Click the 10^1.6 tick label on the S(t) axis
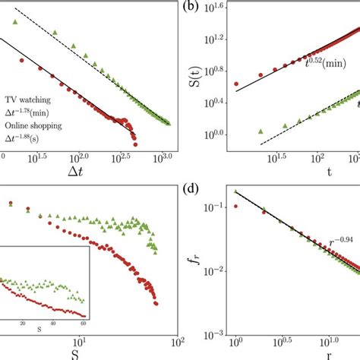point(220,8)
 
